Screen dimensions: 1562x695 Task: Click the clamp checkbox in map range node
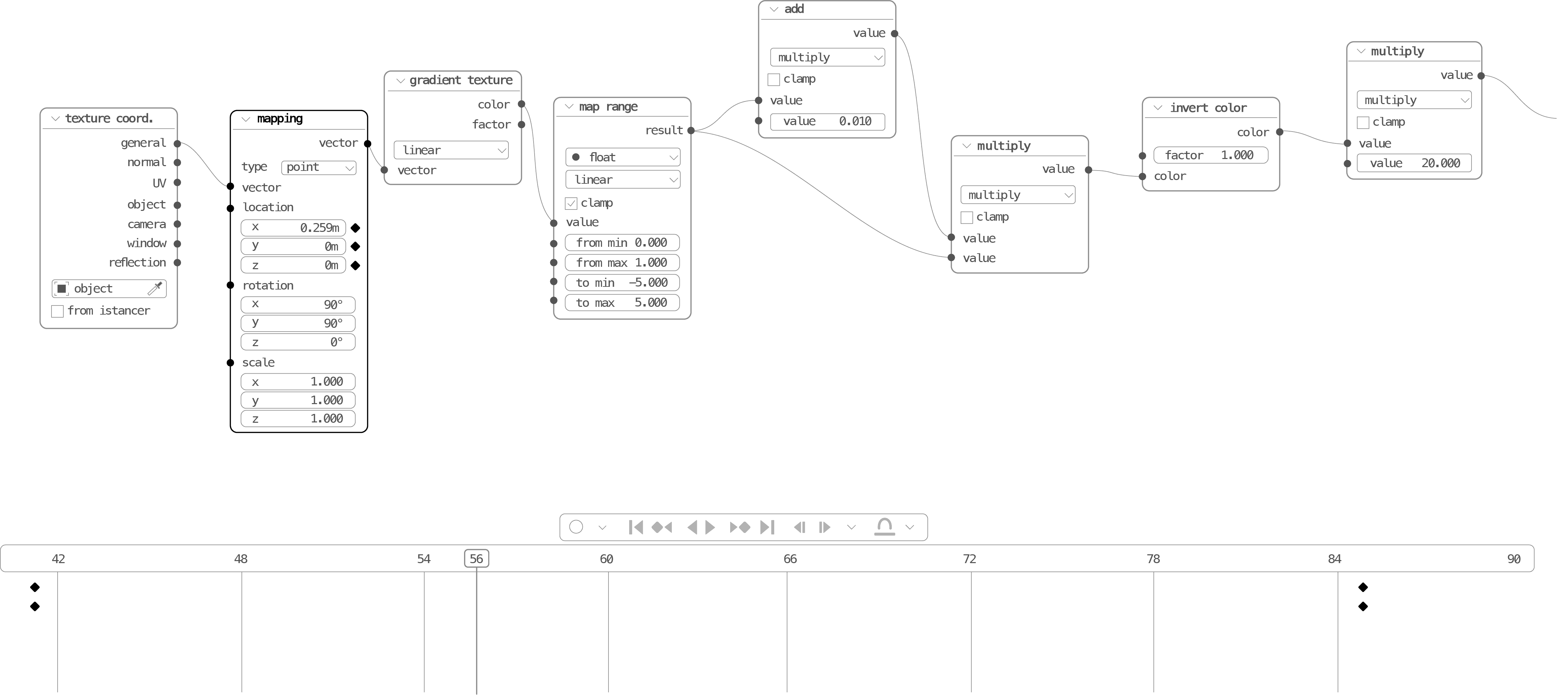point(570,203)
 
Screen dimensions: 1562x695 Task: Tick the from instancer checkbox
point(58,311)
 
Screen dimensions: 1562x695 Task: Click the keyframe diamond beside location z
point(355,265)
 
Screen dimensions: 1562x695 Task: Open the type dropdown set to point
point(318,167)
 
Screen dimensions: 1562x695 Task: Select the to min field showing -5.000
point(622,283)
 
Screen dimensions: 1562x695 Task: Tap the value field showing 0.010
point(827,121)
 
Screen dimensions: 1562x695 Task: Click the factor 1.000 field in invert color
point(1210,155)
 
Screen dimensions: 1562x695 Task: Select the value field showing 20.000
point(1414,163)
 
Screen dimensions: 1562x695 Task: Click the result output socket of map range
point(690,131)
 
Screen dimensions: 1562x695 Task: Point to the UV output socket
point(177,182)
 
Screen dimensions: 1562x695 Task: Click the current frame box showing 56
point(477,559)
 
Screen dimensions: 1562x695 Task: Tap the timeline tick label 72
point(969,559)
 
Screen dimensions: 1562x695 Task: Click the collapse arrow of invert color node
point(1158,108)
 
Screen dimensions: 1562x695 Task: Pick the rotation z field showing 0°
point(298,342)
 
